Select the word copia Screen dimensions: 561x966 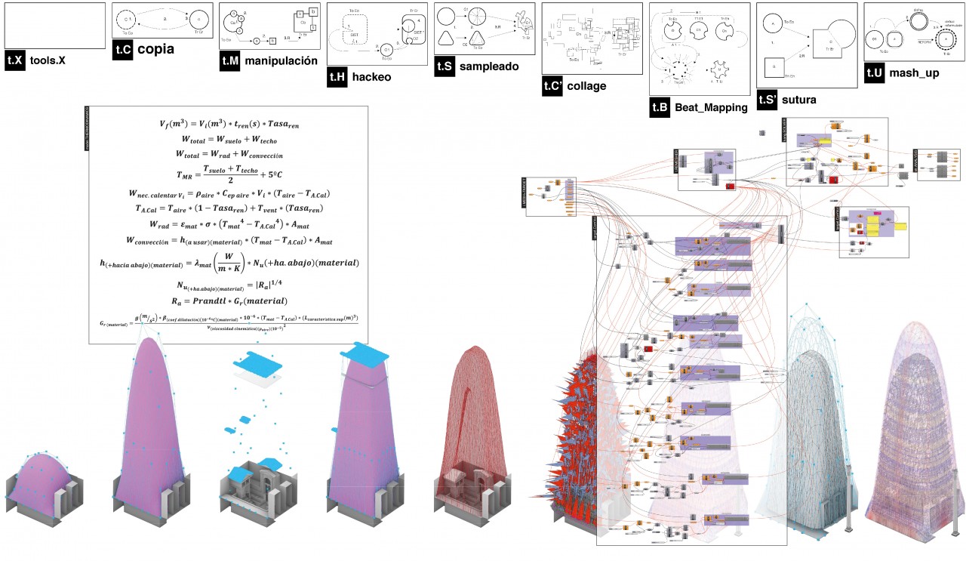point(155,50)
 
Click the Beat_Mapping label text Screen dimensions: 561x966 point(712,108)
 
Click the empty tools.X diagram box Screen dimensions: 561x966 point(54,26)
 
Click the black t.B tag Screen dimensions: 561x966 point(660,108)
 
